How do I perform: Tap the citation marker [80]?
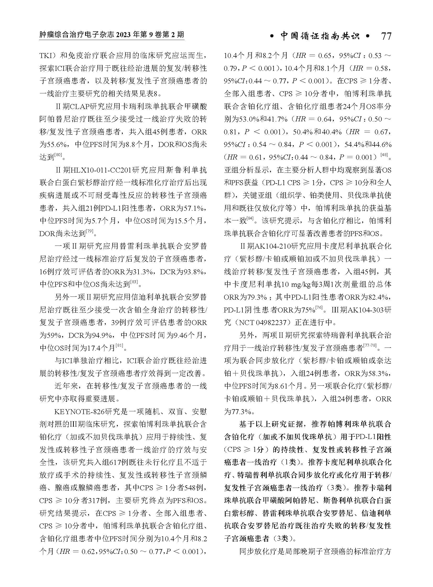click(58, 155)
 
